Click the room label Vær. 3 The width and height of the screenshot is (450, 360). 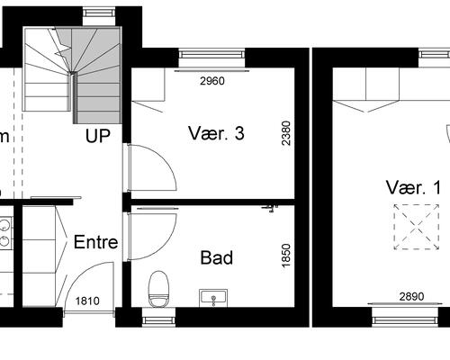217,134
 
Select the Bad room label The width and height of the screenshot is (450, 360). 217,258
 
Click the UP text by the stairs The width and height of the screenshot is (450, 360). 97,137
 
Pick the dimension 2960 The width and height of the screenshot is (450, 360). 212,81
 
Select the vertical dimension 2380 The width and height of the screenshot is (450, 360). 286,134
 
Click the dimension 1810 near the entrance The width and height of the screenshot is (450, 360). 87,301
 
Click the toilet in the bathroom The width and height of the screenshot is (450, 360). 158,288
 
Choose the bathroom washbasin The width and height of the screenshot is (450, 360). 214,296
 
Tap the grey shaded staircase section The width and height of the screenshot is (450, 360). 99,76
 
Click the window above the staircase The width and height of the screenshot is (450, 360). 94,13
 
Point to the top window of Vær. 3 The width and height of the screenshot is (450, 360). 211,54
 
